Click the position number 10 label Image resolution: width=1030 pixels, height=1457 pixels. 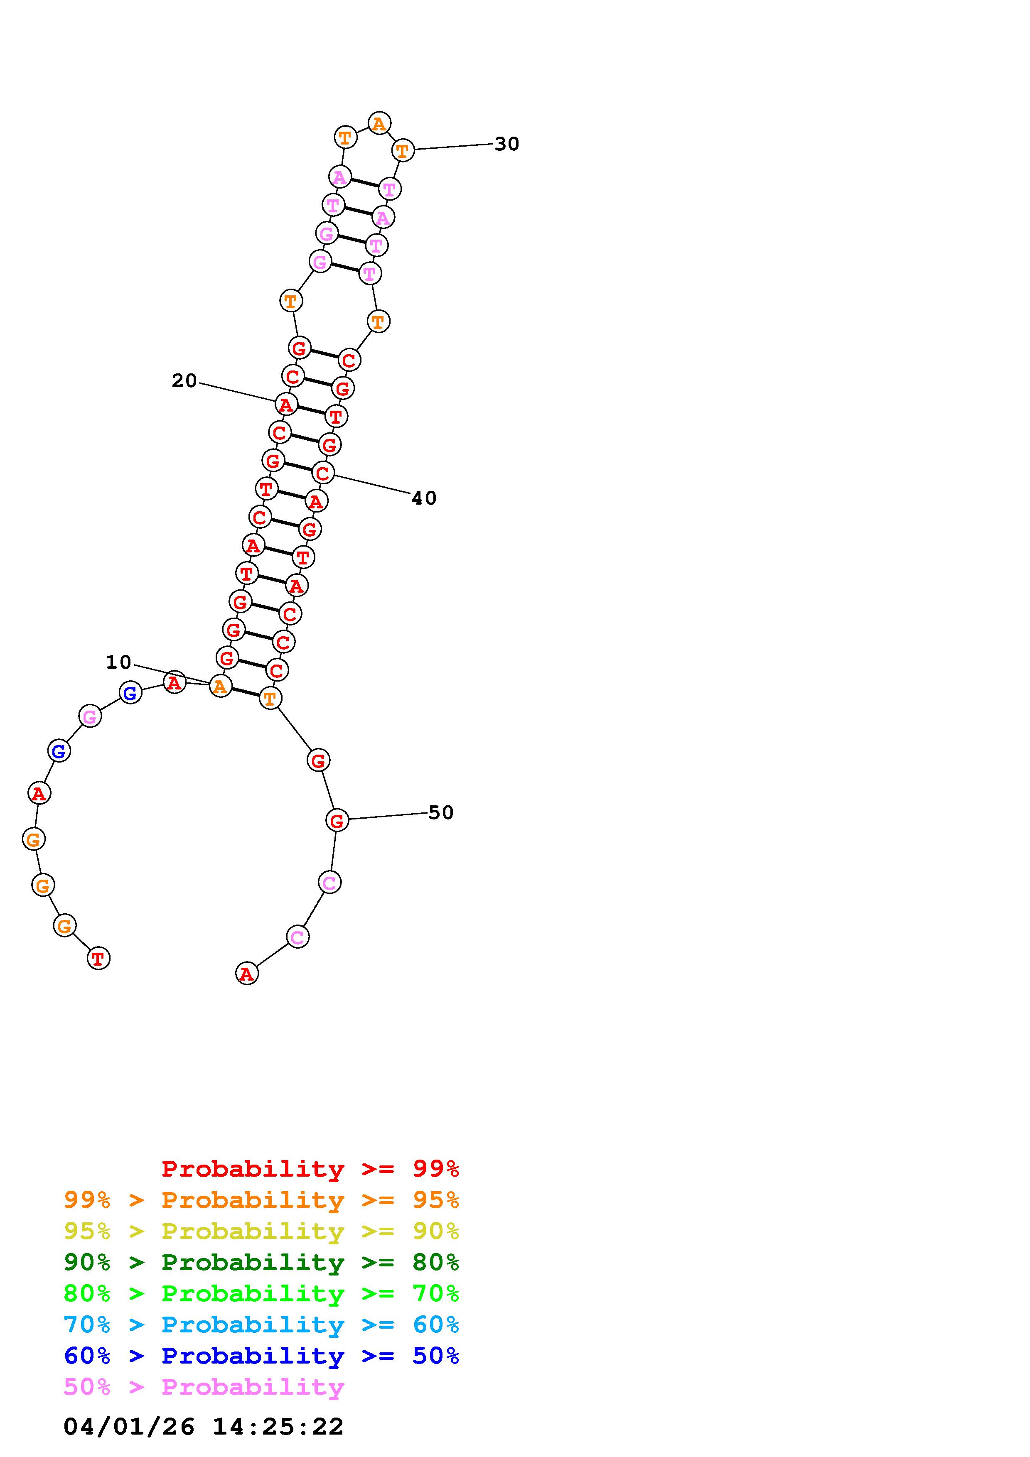119,662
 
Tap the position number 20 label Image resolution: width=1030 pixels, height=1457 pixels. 184,381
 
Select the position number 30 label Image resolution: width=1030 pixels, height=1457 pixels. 507,144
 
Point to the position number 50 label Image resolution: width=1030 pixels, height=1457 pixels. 441,812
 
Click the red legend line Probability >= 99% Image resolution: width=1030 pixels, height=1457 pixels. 310,1169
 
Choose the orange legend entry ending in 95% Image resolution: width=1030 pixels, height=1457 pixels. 261,1200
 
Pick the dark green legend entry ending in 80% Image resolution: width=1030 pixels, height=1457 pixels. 261,1262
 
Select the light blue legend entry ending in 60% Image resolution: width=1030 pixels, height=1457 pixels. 261,1325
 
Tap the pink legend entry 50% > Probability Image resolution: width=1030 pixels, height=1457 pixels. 204,1386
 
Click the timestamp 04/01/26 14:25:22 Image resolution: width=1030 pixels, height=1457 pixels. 204,1427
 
